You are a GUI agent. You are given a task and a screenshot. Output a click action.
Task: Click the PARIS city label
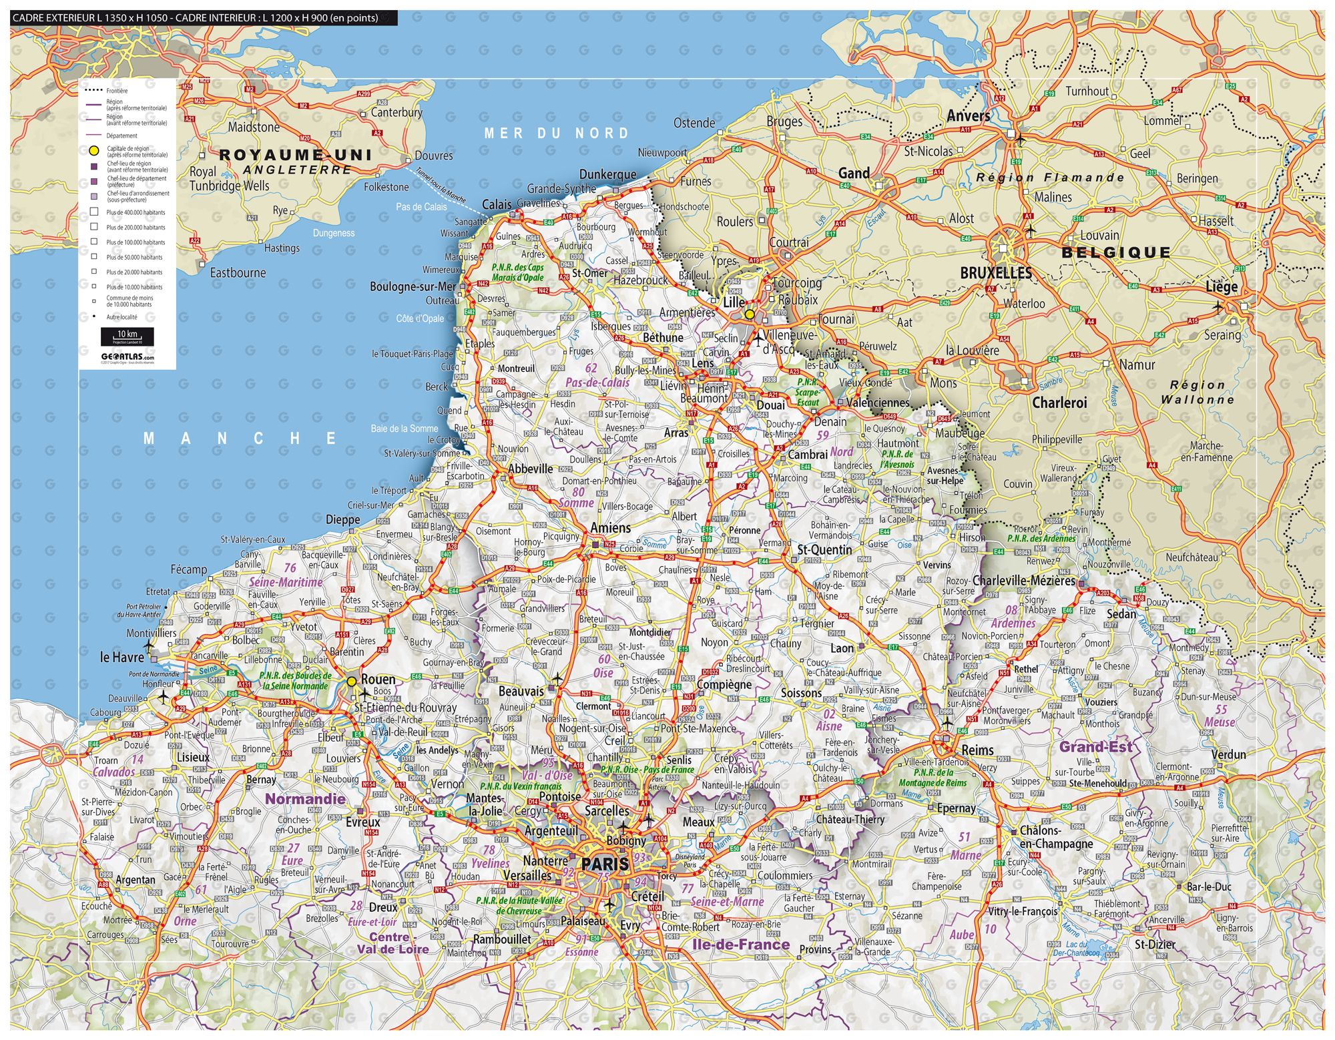[605, 864]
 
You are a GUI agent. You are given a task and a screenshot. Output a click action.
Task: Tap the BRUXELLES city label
[996, 273]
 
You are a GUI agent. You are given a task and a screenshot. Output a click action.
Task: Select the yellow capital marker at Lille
[750, 314]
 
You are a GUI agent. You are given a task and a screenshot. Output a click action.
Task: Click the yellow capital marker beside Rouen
[351, 682]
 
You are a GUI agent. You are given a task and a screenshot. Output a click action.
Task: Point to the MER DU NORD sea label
[557, 133]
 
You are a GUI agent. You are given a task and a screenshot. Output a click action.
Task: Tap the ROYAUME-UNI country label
[295, 155]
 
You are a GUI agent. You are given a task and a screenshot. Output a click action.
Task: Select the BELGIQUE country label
[1116, 252]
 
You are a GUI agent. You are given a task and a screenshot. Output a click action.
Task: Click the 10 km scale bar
[127, 334]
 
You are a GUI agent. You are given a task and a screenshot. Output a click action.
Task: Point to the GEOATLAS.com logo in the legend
[127, 356]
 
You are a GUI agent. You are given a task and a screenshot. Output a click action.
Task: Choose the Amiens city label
[610, 528]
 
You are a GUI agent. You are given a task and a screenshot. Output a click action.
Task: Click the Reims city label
[977, 750]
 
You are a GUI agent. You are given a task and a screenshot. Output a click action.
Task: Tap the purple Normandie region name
[305, 799]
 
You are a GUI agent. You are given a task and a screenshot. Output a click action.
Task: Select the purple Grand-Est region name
[1095, 747]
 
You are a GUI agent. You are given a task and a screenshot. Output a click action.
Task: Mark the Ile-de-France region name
[740, 944]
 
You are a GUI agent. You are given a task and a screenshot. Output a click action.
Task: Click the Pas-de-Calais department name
[597, 382]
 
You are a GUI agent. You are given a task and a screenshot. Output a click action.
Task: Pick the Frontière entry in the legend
[117, 91]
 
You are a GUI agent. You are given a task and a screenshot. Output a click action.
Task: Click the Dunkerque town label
[607, 175]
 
